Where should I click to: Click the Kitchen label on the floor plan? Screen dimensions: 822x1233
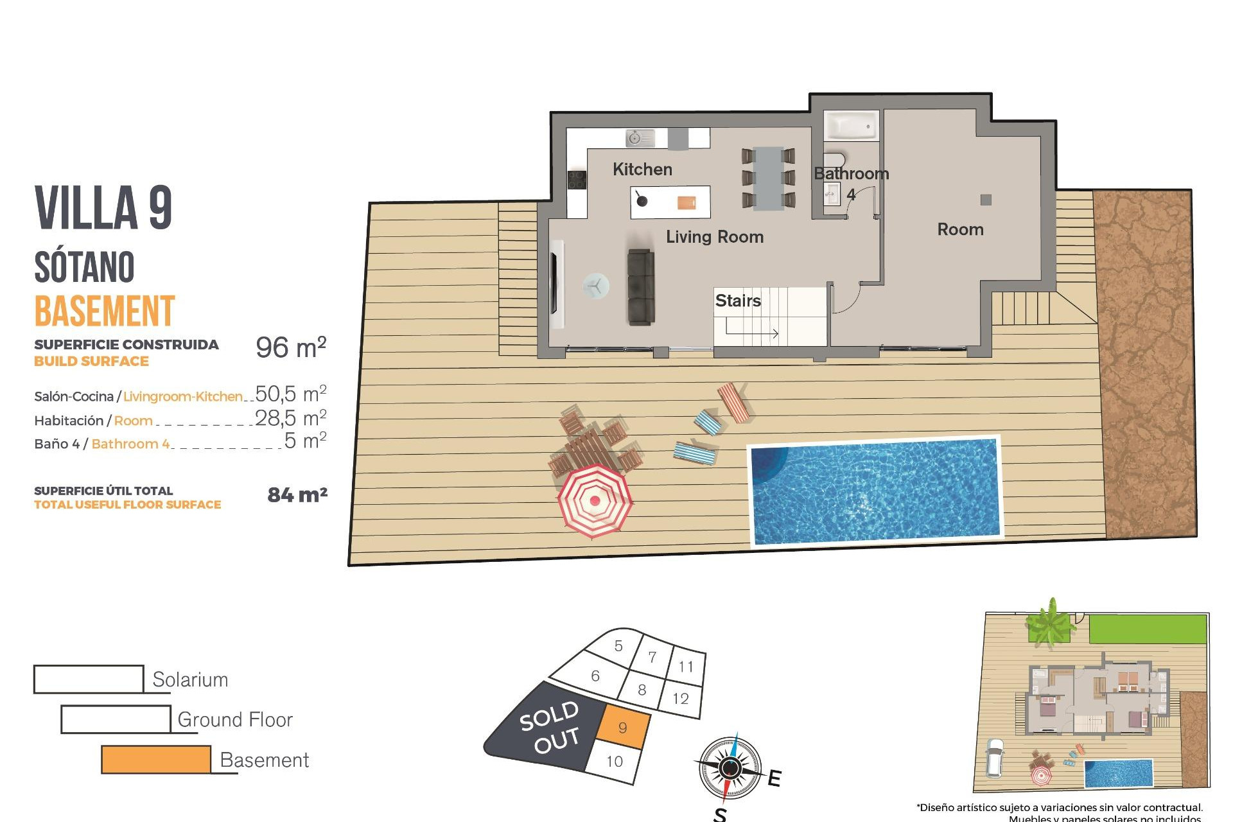click(642, 170)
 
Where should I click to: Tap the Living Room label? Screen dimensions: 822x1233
click(714, 237)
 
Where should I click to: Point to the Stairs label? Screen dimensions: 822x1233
click(738, 301)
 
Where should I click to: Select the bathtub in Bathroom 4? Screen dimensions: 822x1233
click(850, 126)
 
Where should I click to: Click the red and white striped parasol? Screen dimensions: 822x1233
click(595, 500)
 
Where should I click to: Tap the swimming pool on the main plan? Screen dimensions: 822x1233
click(875, 491)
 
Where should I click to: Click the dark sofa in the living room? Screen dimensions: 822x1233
click(640, 286)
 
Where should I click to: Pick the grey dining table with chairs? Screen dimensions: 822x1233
click(768, 179)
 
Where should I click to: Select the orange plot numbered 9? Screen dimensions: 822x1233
click(622, 727)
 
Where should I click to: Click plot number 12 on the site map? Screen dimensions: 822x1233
click(681, 698)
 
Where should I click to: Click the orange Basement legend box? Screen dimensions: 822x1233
click(156, 759)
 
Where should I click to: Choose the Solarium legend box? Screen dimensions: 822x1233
click(89, 679)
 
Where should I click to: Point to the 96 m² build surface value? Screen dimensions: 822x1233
click(291, 347)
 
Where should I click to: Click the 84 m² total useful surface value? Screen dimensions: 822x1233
click(297, 494)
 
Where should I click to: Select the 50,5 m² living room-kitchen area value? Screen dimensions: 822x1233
click(291, 394)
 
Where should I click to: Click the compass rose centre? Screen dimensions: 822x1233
click(730, 767)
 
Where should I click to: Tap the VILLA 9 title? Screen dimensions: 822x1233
click(103, 207)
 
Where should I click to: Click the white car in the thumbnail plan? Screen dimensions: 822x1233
click(994, 758)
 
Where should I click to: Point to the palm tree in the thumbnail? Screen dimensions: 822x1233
click(1049, 622)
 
